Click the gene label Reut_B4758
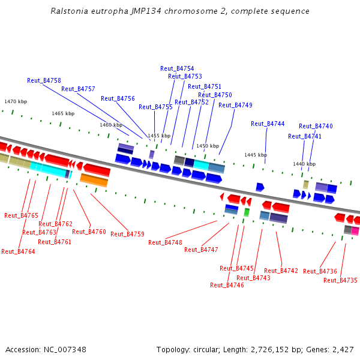coord(44,80)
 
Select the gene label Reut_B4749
coord(235,105)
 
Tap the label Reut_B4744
coord(268,124)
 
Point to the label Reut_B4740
coord(316,126)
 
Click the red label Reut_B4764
coord(18,251)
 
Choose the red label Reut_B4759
coord(127,234)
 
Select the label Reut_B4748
coord(165,242)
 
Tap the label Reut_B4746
coord(227,285)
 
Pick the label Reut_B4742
coord(281,271)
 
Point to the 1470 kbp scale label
coord(16,102)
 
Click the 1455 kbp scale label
coord(159,136)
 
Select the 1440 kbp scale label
coord(304,164)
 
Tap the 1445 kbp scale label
coord(255,155)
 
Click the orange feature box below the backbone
coord(94,179)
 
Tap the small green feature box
coord(247,212)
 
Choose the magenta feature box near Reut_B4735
coord(355,230)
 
